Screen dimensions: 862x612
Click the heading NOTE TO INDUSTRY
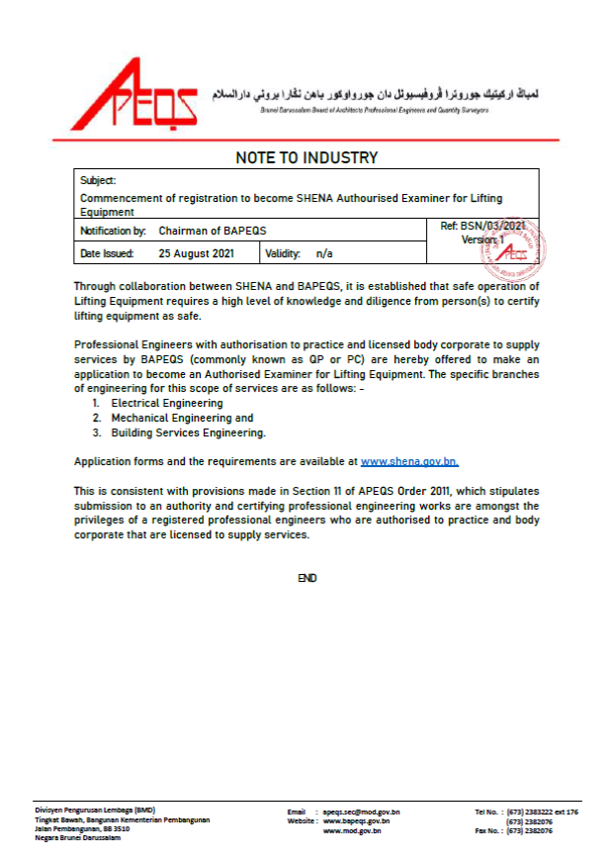tap(306, 158)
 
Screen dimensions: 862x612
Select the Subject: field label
tap(98, 180)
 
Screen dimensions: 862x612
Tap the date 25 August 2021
tap(196, 254)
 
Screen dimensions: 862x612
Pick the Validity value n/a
tap(324, 254)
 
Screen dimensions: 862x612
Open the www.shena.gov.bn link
tap(409, 462)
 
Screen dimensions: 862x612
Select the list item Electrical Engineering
tap(164, 404)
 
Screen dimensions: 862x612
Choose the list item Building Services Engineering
tap(188, 432)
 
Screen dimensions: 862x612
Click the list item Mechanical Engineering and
tap(182, 419)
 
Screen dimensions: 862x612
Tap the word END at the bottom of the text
tap(307, 578)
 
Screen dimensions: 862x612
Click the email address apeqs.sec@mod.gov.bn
tap(361, 813)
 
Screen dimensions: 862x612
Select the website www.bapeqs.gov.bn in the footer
tap(356, 821)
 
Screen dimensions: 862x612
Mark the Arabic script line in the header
tap(376, 94)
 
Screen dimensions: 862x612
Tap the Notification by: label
tap(112, 231)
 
